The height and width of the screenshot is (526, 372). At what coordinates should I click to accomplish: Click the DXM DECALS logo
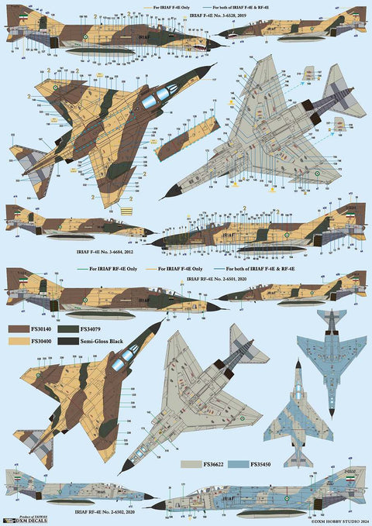[x=21, y=520]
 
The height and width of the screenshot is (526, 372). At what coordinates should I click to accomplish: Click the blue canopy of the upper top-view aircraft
[x=161, y=94]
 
